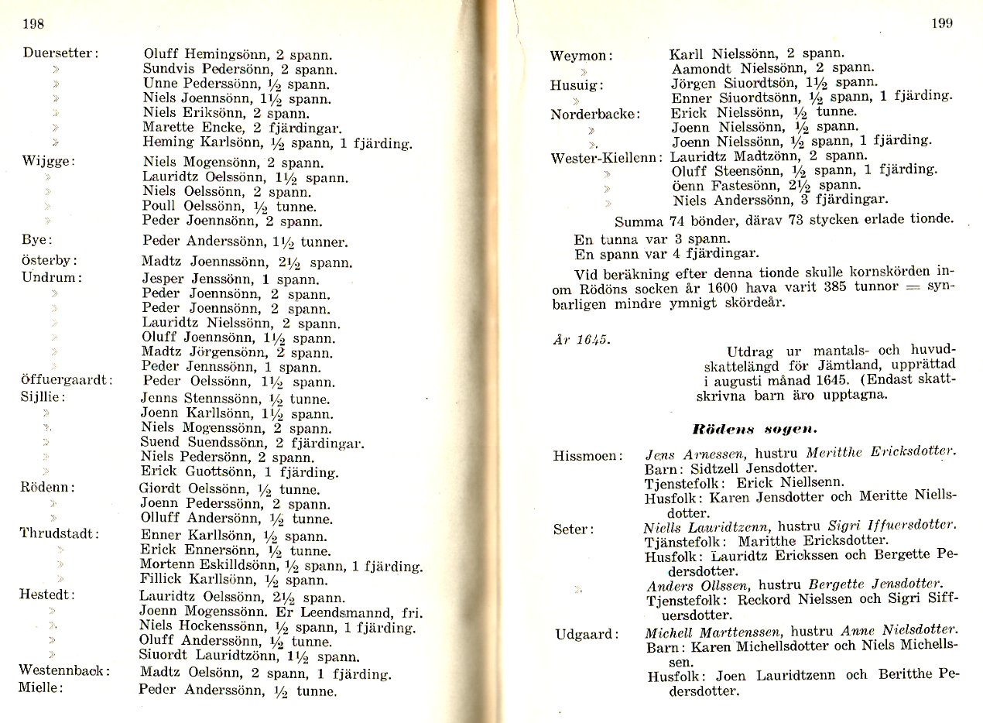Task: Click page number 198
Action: tap(33, 24)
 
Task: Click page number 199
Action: tap(941, 23)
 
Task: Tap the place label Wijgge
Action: tap(48, 162)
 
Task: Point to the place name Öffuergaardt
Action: tap(67, 380)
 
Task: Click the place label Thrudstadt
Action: tap(60, 534)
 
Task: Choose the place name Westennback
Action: tap(64, 670)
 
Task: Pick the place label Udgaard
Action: tap(587, 635)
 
